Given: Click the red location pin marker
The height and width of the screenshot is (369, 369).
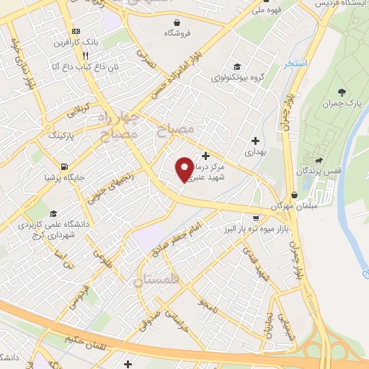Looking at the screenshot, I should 184,169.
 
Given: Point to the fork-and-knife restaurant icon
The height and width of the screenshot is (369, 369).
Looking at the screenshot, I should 86,55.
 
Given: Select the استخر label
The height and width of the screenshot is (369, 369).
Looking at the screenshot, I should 295,64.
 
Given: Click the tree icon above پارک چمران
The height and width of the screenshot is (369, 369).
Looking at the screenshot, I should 342,93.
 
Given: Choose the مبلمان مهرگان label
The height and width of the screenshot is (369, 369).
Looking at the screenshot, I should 293,208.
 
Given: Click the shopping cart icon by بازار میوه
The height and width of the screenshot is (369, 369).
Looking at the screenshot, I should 256,217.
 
